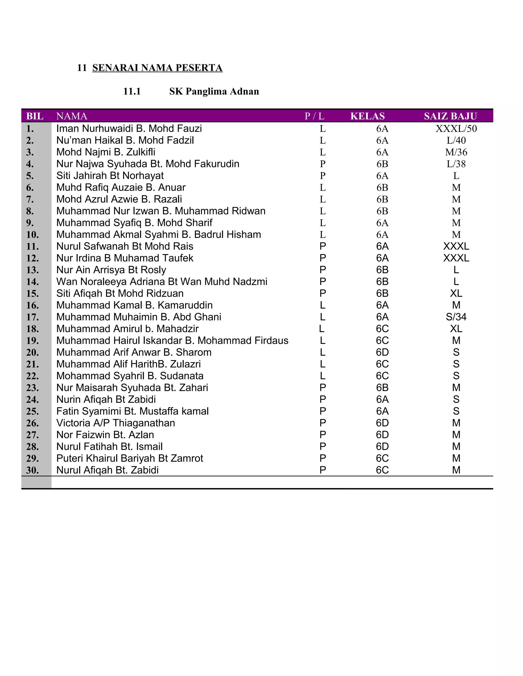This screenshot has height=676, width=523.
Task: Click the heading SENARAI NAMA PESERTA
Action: (157, 68)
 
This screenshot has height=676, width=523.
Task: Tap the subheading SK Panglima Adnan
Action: (214, 91)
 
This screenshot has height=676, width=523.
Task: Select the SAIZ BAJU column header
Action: (450, 116)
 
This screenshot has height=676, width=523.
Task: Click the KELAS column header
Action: (367, 116)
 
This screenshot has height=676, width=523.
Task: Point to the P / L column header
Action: (314, 116)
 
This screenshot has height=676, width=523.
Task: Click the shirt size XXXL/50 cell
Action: (456, 129)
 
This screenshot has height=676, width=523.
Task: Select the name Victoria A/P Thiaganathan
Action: (116, 423)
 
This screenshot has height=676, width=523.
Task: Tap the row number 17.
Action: (32, 317)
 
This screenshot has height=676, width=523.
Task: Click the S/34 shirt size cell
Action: (456, 317)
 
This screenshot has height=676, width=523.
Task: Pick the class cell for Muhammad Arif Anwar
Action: (382, 352)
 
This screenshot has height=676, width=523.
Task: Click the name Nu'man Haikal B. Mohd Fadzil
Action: (125, 140)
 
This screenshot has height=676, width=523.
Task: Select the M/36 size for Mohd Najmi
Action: (456, 152)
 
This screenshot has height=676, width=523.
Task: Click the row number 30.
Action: (32, 470)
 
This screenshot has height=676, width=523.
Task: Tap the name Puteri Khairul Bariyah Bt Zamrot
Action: (129, 458)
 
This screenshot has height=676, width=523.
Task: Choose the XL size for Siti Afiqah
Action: (456, 293)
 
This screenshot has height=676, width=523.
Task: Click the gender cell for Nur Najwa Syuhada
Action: (323, 164)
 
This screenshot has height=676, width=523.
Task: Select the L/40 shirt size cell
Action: (456, 140)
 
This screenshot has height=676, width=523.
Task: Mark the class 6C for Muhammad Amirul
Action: (382, 329)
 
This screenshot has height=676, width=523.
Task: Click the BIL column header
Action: (35, 116)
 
